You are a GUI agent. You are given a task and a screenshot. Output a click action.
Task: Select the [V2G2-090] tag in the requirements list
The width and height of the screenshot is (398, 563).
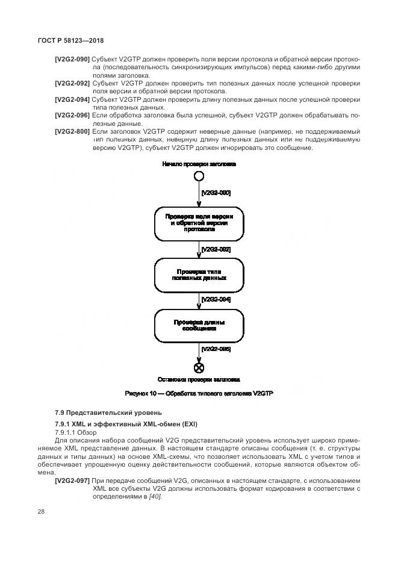72,60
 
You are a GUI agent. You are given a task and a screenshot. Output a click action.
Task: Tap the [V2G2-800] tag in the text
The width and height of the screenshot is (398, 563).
72,131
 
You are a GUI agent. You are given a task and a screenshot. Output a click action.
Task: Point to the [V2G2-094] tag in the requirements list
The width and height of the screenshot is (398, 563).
72,99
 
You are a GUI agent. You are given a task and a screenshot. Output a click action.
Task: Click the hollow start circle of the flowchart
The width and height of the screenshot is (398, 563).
199,176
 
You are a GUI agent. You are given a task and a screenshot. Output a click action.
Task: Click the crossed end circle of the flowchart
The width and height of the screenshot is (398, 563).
199,368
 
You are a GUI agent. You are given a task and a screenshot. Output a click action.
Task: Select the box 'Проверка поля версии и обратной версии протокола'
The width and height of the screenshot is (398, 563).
199,223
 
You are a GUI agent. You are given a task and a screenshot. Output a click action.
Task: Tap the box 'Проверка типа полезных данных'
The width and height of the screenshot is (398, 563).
199,275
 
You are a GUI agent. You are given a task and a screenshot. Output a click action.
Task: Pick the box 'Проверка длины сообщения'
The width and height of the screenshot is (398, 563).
199,326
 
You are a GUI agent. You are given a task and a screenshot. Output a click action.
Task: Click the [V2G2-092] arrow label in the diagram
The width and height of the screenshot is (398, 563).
216,249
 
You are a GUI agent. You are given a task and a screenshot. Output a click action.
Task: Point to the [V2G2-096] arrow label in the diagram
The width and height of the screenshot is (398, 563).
216,349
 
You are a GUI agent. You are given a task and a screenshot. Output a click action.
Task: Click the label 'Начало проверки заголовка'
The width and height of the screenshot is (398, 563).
199,164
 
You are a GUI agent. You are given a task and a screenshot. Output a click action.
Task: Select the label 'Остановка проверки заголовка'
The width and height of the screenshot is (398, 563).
199,380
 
